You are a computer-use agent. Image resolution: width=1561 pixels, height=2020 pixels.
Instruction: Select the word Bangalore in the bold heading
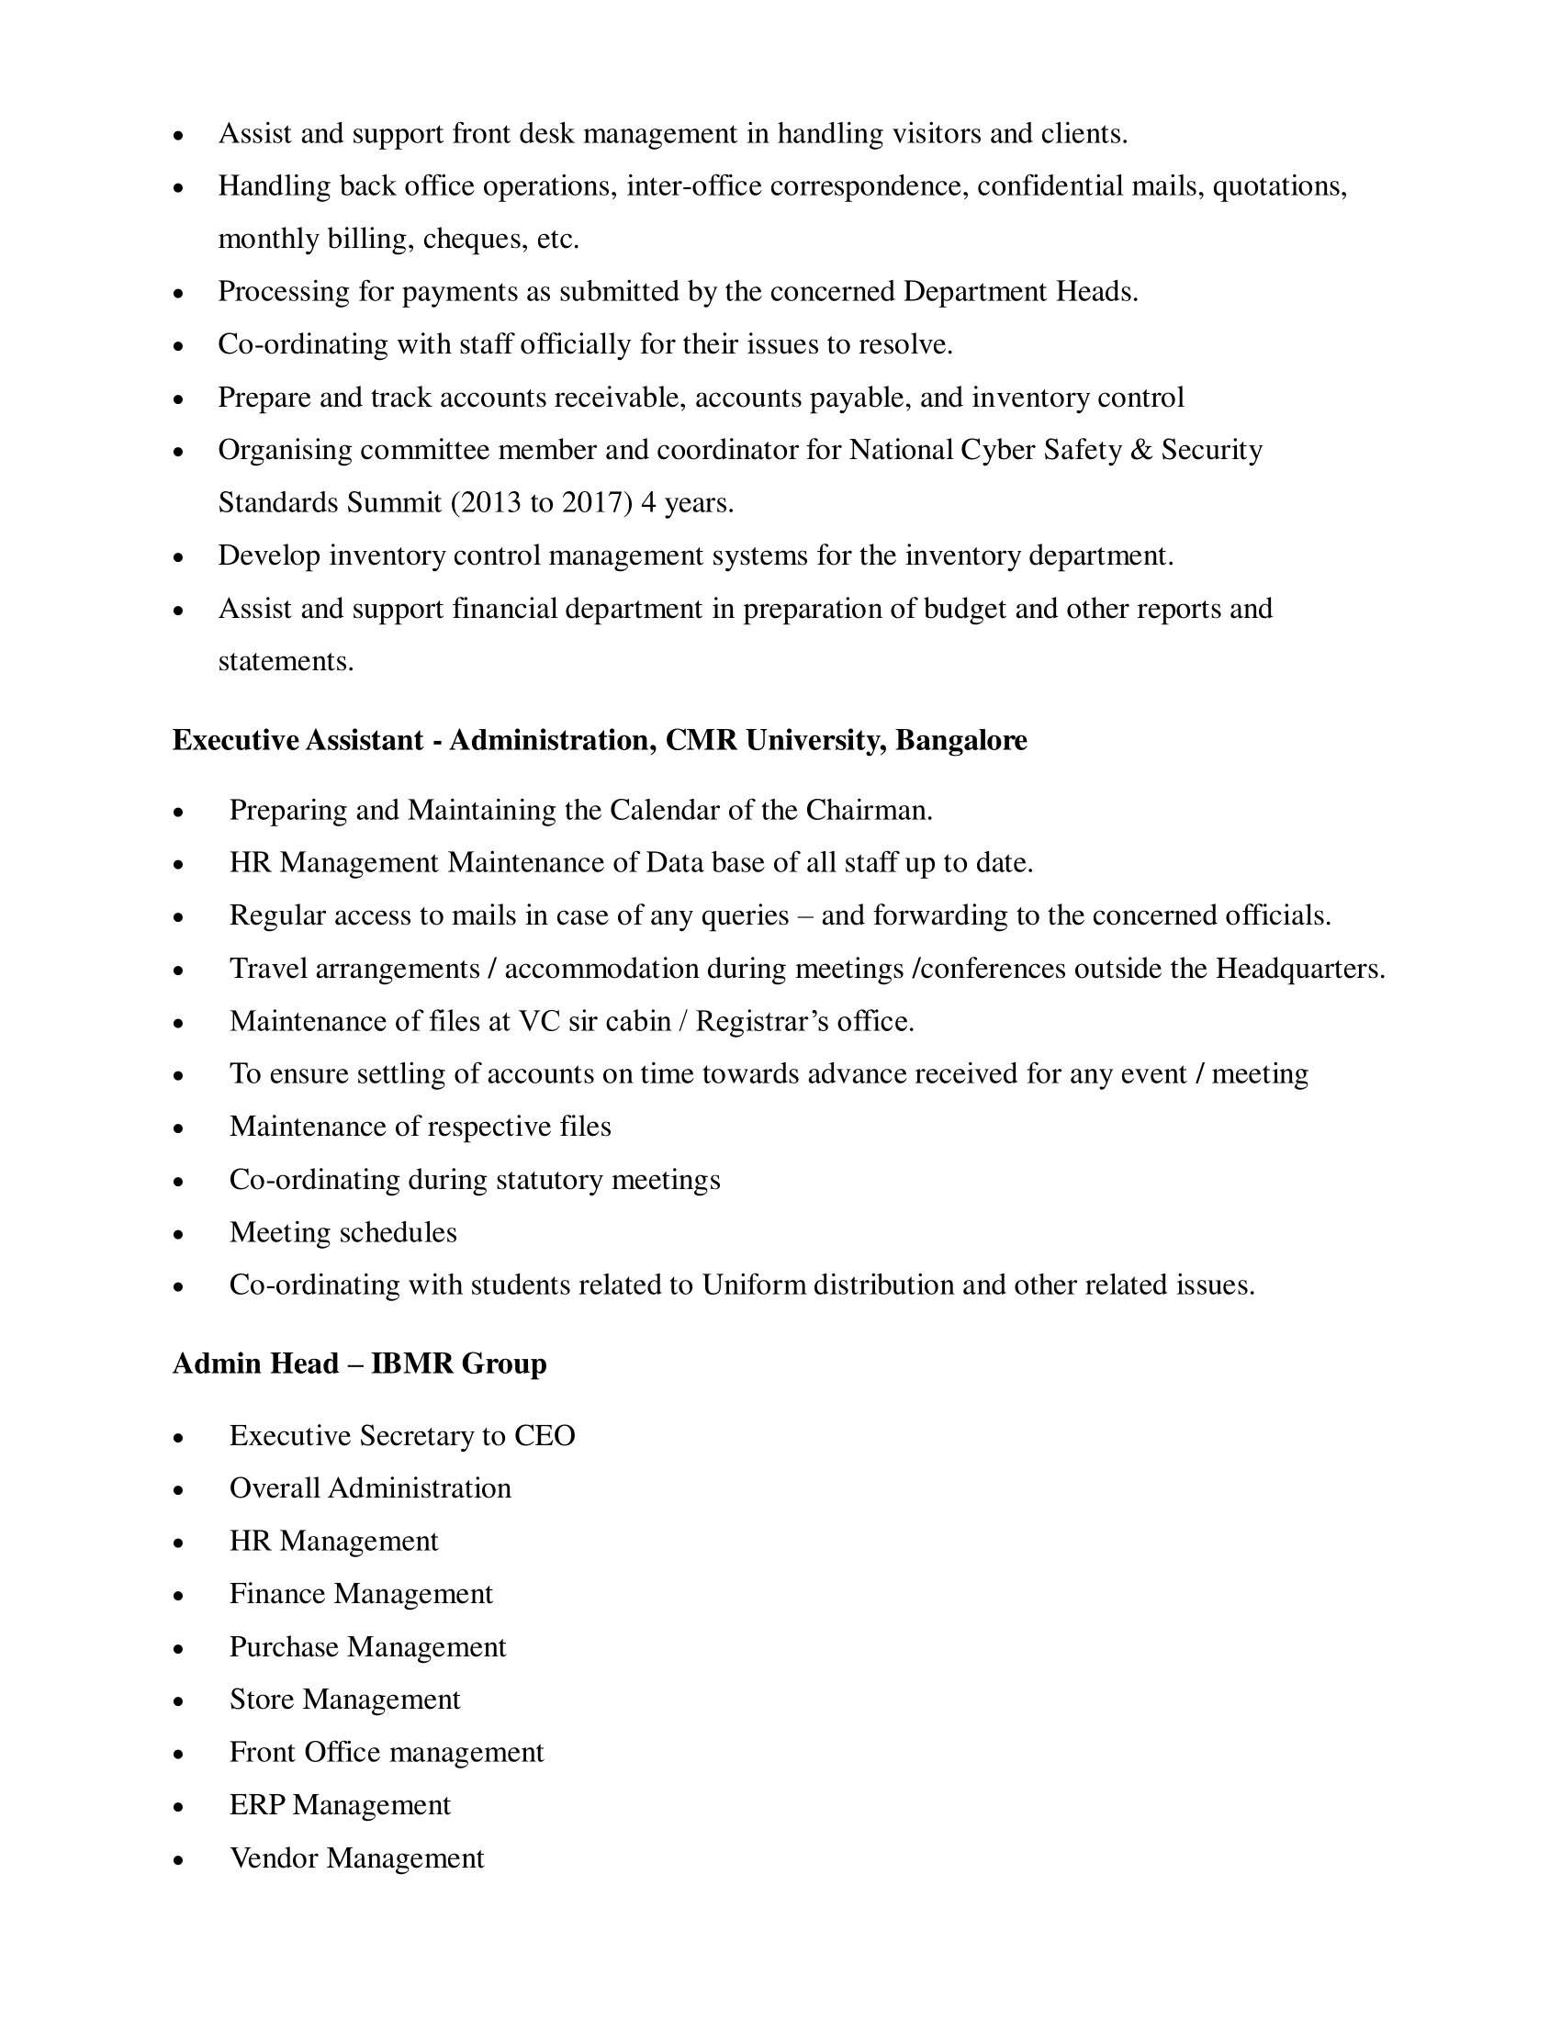pyautogui.click(x=961, y=741)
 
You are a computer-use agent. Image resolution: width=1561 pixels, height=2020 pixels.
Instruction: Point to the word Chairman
pyautogui.click(x=869, y=811)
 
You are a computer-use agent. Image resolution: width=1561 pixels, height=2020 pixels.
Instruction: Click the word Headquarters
pyautogui.click(x=1299, y=970)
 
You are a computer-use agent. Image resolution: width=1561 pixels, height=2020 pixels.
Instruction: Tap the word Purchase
pyautogui.click(x=284, y=1647)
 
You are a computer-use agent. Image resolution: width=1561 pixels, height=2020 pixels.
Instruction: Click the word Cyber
pyautogui.click(x=999, y=451)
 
